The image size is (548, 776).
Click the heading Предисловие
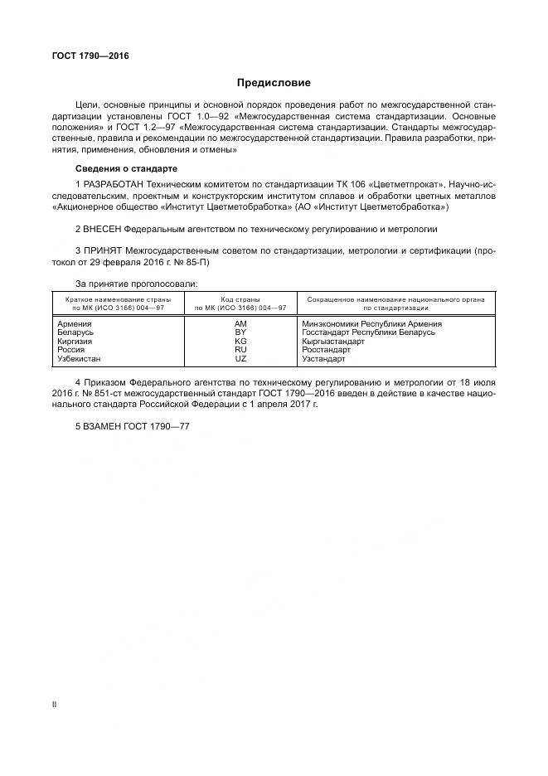coord(274,83)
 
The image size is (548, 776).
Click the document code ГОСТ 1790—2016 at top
coord(90,56)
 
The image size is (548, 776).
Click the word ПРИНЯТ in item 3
coord(102,250)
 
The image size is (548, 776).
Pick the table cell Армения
coord(75,323)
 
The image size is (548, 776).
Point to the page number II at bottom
coord(54,705)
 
